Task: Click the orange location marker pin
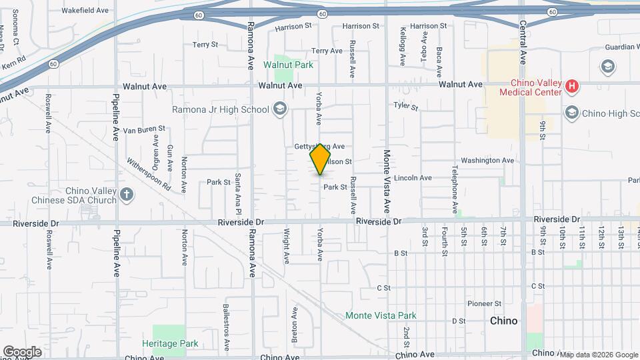[x=321, y=159]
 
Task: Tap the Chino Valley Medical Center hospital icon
[x=571, y=86]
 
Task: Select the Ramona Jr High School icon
[x=280, y=109]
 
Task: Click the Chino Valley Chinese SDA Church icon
[x=127, y=195]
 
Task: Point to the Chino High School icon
[x=571, y=113]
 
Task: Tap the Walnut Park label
[x=288, y=65]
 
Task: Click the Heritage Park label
[x=170, y=343]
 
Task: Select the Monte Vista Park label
[x=381, y=315]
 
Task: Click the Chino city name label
[x=503, y=321]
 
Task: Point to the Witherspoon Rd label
[x=149, y=175]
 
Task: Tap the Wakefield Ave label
[x=85, y=11]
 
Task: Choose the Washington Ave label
[x=487, y=161]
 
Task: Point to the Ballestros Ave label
[x=225, y=327]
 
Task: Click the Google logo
[x=23, y=351]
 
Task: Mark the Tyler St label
[x=405, y=106]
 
